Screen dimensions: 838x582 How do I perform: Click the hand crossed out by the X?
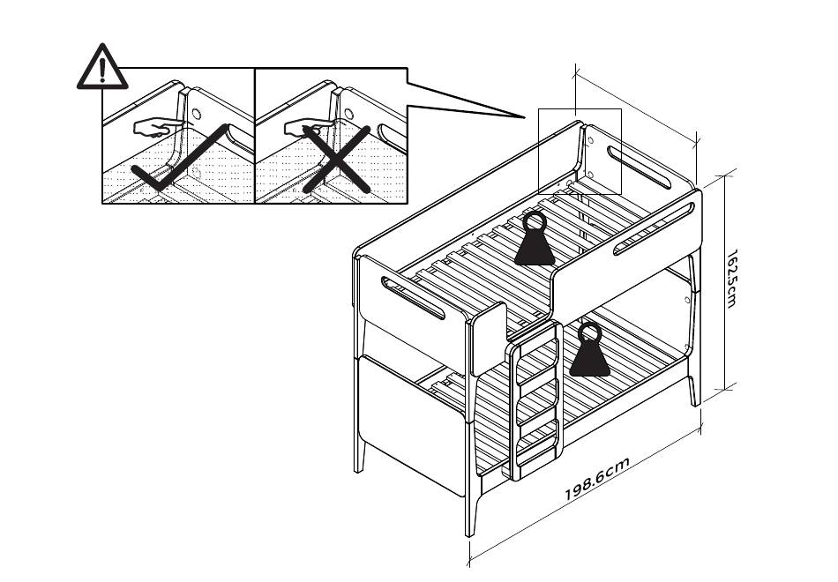(x=305, y=130)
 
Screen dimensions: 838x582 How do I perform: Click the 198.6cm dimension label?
(x=597, y=479)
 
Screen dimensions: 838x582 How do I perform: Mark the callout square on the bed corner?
(x=580, y=151)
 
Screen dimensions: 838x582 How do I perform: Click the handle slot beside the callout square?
(x=639, y=168)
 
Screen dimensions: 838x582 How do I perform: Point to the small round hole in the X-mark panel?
(x=348, y=114)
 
